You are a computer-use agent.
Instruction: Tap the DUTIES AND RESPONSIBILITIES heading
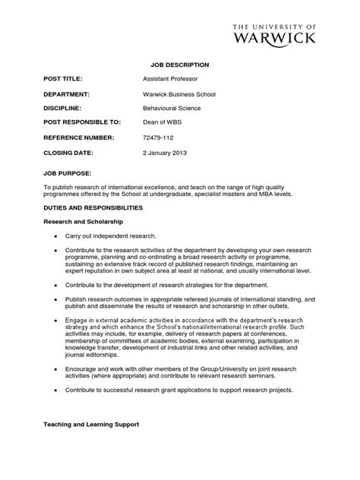[92, 207]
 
